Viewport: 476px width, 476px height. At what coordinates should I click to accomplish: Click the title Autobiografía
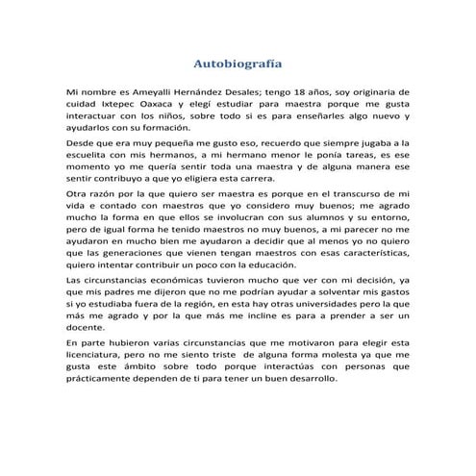(238, 65)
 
